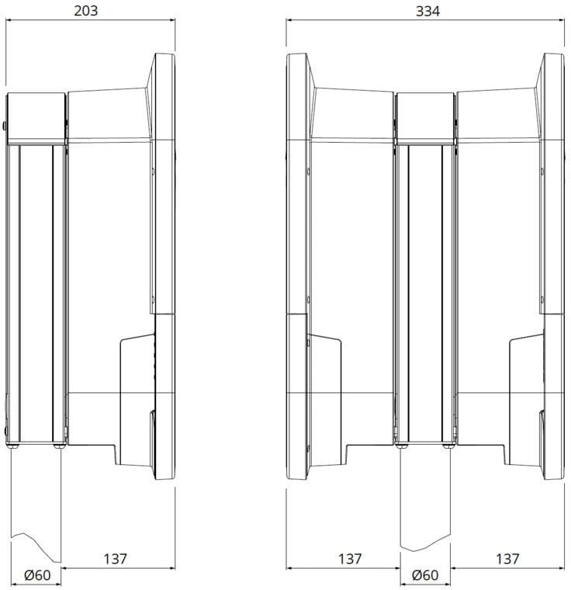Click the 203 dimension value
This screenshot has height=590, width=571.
pyautogui.click(x=86, y=11)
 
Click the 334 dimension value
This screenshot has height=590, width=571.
pyautogui.click(x=427, y=12)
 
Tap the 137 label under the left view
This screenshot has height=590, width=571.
pyautogui.click(x=116, y=559)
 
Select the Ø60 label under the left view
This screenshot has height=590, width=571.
pyautogui.click(x=37, y=575)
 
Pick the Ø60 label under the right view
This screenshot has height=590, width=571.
pyautogui.click(x=425, y=575)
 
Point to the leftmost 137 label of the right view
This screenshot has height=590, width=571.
pyautogui.click(x=350, y=559)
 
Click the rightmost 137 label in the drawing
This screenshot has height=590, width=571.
pyautogui.click(x=507, y=559)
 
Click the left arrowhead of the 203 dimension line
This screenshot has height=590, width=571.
pyautogui.click(x=9, y=20)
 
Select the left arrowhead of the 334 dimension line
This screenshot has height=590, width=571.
pyautogui.click(x=289, y=20)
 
